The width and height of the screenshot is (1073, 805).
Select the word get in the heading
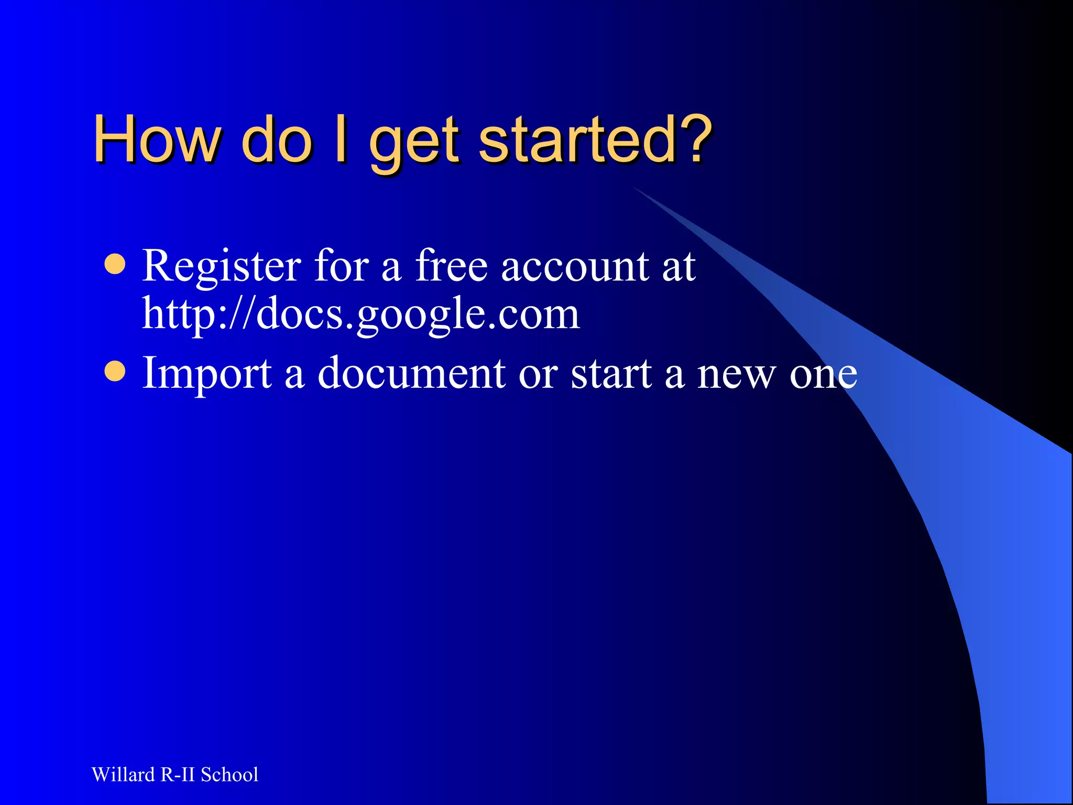coord(414,144)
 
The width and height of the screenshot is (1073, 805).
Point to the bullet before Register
coord(115,265)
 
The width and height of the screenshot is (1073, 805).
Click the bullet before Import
coord(115,372)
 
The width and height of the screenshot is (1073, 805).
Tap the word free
coord(452,265)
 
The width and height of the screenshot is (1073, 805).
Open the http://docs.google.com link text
coord(361,314)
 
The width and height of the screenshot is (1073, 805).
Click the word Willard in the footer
coord(123,775)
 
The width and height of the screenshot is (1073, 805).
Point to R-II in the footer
coord(178,775)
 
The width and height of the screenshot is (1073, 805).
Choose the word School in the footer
coord(229,775)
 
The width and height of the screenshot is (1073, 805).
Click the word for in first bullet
coord(342,265)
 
